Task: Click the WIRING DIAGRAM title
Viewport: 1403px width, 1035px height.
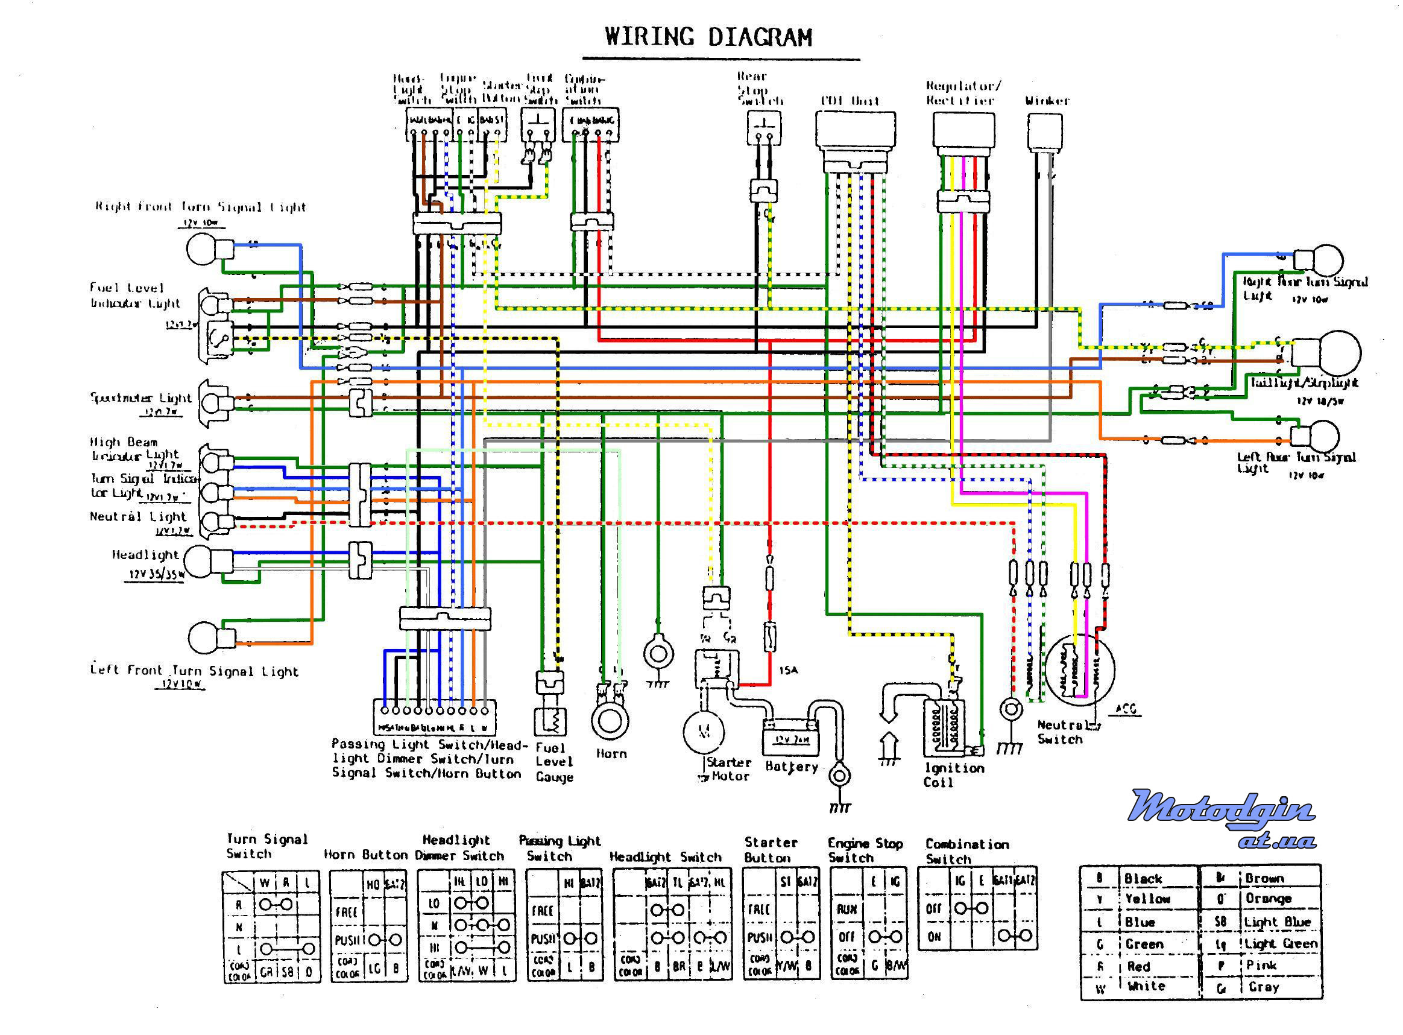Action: pos(708,37)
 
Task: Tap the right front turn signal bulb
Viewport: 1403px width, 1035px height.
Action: pos(202,249)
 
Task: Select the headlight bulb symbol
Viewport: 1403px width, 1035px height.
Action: pos(200,561)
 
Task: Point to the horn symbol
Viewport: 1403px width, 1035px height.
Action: pos(610,720)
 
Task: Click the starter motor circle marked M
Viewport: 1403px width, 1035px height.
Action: pos(704,731)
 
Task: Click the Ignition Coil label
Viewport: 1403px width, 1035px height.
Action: pos(953,775)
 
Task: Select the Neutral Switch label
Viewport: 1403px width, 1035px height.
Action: pos(1061,732)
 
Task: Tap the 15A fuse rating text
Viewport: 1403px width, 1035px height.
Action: pos(789,670)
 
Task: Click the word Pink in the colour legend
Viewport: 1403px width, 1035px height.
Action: pos(1261,966)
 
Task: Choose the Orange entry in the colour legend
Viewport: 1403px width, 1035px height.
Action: pos(1269,899)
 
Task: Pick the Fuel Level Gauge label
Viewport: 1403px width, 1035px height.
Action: pos(554,762)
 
